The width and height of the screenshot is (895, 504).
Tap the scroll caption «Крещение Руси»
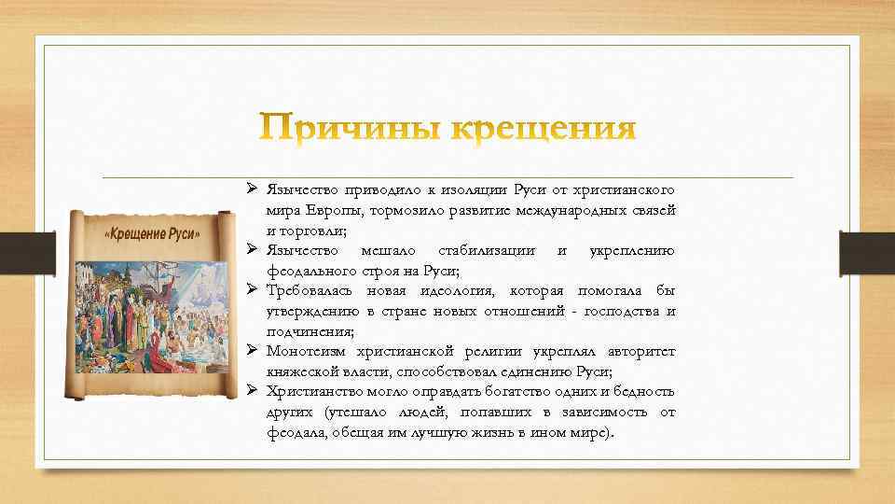coord(152,234)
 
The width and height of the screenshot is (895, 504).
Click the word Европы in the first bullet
coord(332,210)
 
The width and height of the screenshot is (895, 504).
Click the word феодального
coord(305,272)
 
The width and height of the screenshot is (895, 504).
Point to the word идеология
coord(460,292)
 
